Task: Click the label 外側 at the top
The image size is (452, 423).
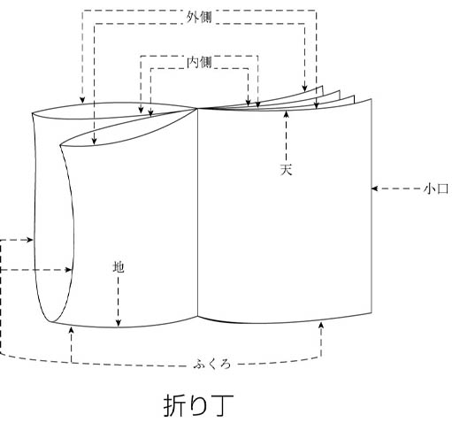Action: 199,18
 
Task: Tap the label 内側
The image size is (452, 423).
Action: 200,62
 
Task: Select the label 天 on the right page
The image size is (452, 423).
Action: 286,170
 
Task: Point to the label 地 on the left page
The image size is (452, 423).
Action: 119,267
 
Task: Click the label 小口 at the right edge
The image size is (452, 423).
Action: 436,188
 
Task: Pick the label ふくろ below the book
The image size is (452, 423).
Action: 212,365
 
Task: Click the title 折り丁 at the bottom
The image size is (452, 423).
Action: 198,406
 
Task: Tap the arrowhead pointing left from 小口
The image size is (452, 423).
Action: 374,188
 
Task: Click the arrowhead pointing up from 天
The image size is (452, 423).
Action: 286,114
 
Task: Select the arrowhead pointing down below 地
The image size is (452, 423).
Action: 119,323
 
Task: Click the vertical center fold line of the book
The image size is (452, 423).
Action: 197,212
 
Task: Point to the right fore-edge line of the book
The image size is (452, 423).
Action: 372,206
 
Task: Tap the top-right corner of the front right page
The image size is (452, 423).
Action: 372,99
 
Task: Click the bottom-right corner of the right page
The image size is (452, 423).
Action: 372,312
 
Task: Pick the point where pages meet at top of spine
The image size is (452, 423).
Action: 197,108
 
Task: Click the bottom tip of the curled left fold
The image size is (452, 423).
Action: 50,322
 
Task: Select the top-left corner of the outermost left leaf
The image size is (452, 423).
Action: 33,113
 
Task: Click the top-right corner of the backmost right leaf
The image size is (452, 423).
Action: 322,86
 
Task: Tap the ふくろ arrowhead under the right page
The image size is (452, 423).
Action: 321,326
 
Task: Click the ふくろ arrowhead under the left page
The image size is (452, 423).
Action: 71,330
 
